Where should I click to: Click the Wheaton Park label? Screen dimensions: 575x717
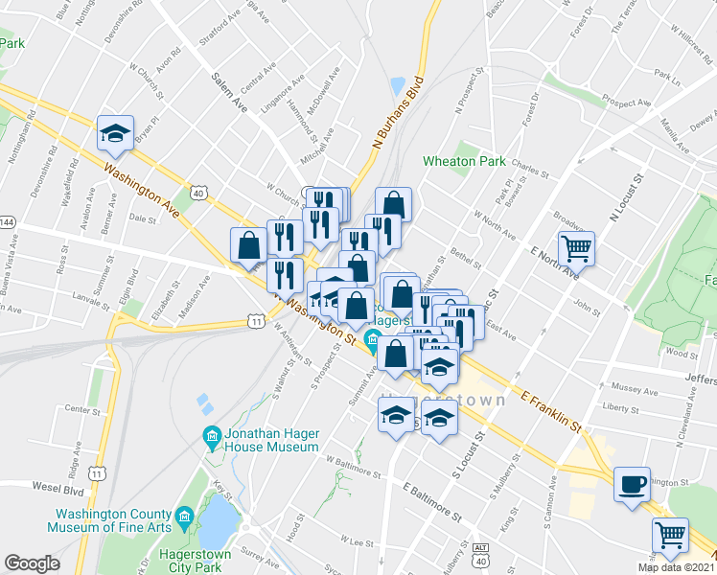[x=466, y=161]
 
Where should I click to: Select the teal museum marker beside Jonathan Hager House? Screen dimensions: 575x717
[x=212, y=440]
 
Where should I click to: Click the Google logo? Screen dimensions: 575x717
[x=32, y=563]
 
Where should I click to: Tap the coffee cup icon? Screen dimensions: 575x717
[x=632, y=485]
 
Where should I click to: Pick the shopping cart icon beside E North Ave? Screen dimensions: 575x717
[x=576, y=249]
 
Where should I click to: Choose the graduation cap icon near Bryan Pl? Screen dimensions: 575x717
[x=115, y=134]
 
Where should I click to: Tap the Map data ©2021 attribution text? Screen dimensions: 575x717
[x=677, y=567]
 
